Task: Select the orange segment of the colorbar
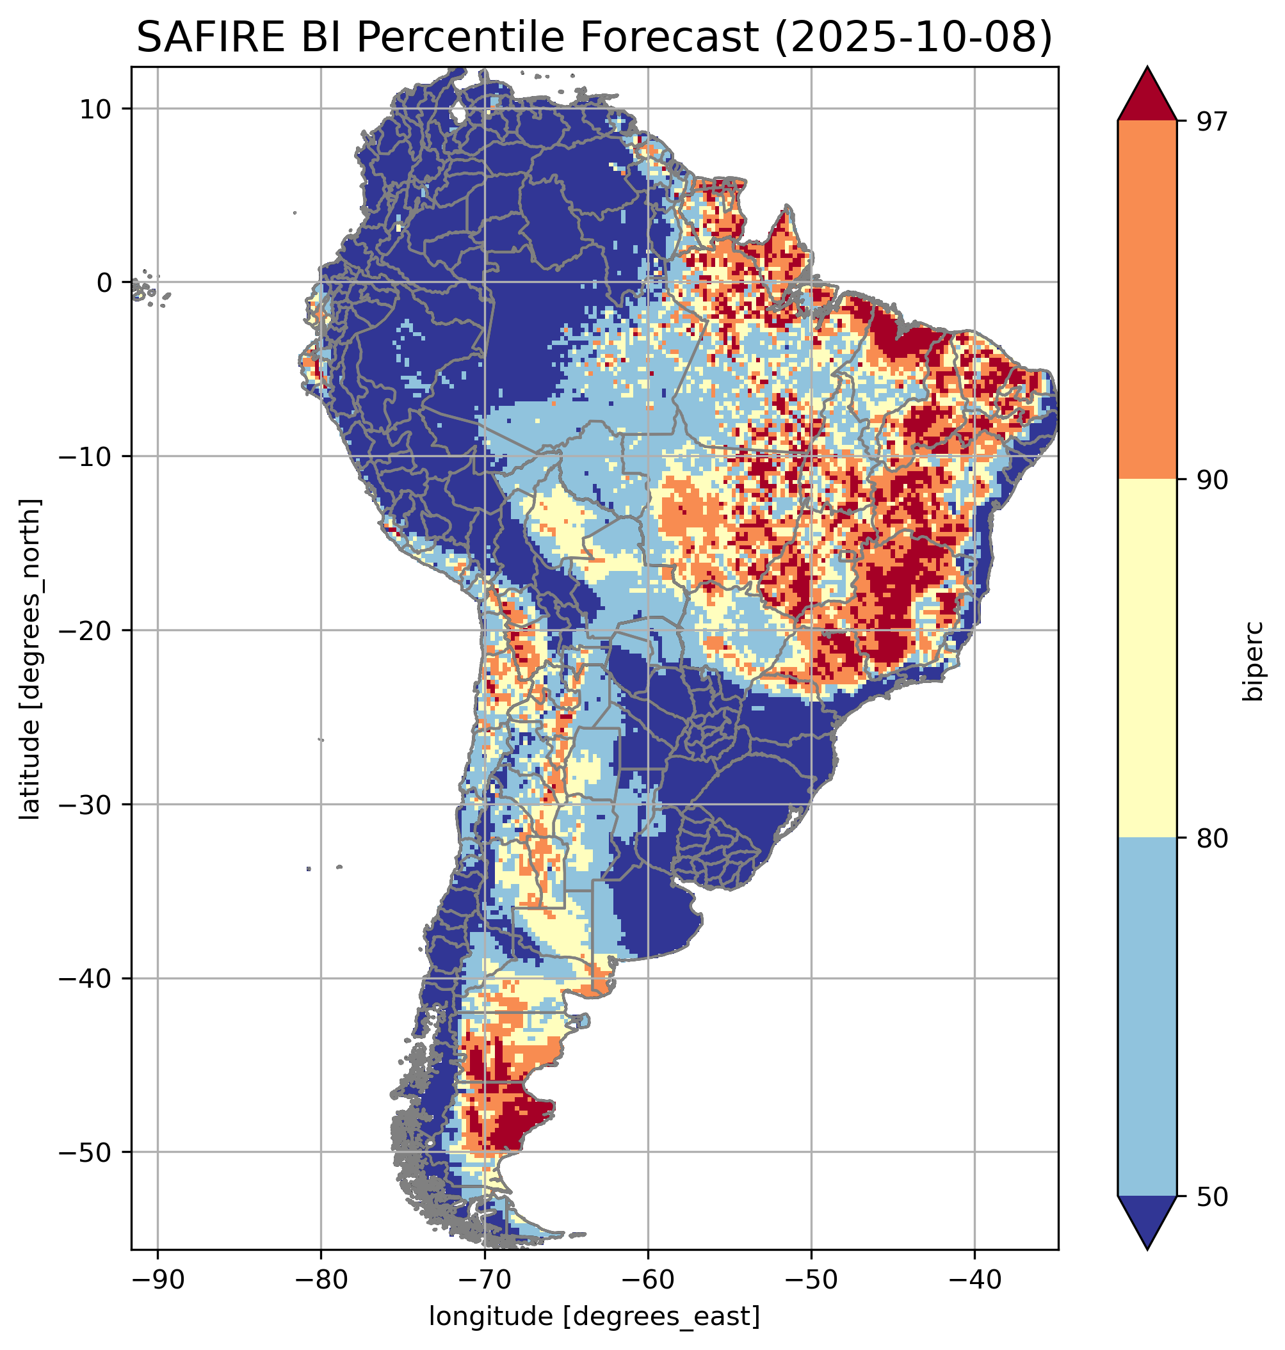click(x=1147, y=300)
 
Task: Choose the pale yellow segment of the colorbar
click(x=1147, y=658)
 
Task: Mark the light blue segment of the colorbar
click(x=1147, y=1017)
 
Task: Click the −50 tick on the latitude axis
click(x=86, y=1152)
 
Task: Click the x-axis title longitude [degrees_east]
click(x=595, y=1315)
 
